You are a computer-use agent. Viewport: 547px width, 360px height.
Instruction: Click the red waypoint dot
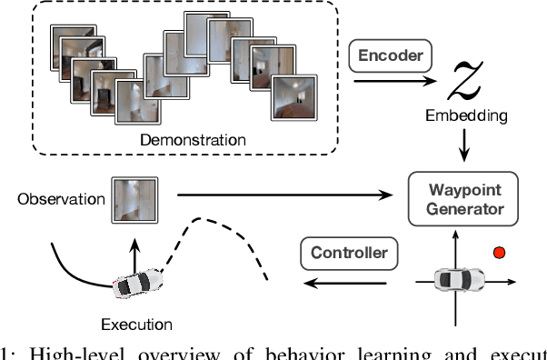496,251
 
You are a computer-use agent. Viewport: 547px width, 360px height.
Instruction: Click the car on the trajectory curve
138,283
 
